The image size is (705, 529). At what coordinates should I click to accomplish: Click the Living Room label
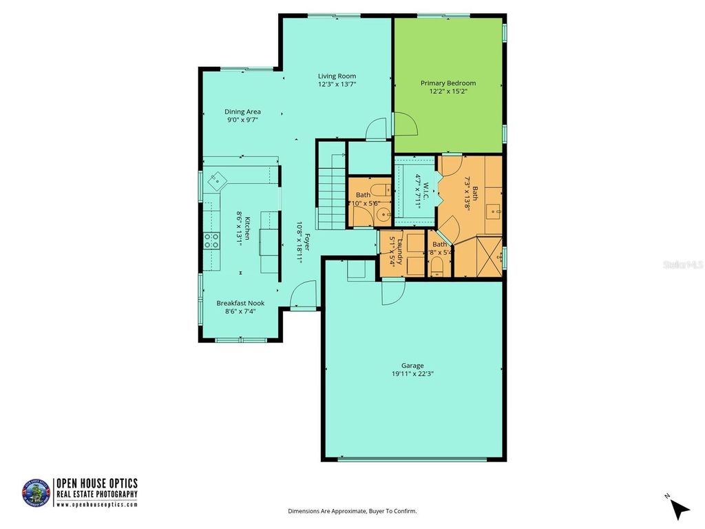pos(337,76)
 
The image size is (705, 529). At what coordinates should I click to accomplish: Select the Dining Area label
pos(242,112)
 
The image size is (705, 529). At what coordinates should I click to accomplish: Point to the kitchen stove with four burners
pos(212,240)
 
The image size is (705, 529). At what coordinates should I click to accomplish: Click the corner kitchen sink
pos(217,180)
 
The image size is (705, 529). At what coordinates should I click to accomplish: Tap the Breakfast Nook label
pos(240,303)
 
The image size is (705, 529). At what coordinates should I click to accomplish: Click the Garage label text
pos(413,366)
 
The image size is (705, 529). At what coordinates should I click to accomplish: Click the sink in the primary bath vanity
pos(494,210)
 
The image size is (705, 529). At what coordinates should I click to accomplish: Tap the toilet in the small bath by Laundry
pos(436,267)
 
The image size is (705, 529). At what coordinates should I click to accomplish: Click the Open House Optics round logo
pos(36,493)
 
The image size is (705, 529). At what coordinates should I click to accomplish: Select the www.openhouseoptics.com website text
pos(96,505)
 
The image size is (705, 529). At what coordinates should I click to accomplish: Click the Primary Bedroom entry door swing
pos(406,125)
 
